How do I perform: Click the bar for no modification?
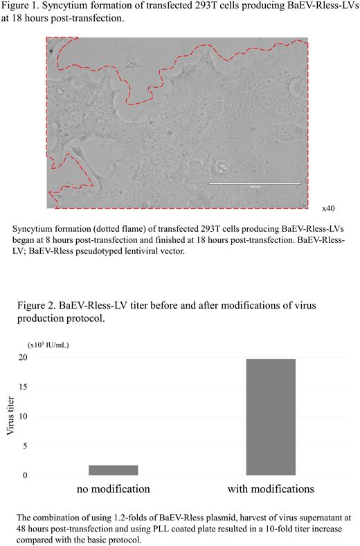pyautogui.click(x=114, y=470)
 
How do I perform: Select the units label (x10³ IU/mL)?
pyautogui.click(x=48, y=343)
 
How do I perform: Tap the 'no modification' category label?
pyautogui.click(x=114, y=489)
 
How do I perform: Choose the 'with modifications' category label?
pyautogui.click(x=271, y=489)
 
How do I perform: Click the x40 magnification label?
pyautogui.click(x=329, y=208)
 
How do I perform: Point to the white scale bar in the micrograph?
pyautogui.click(x=255, y=183)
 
